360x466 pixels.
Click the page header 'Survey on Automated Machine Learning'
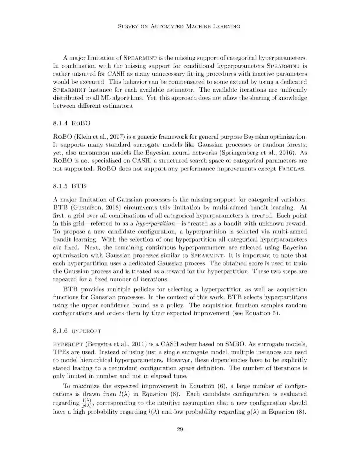[x=179, y=26]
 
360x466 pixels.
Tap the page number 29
[x=180, y=429]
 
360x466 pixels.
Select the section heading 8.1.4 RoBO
[x=72, y=123]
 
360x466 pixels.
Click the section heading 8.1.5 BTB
[x=69, y=186]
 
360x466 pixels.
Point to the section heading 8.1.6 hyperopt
[x=77, y=331]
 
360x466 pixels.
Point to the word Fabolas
[x=291, y=169]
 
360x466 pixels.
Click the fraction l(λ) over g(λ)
[x=86, y=403]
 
